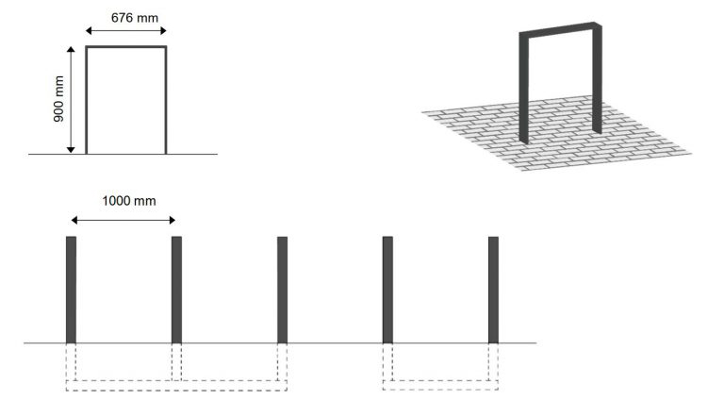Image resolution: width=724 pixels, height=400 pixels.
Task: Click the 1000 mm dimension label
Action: (x=123, y=201)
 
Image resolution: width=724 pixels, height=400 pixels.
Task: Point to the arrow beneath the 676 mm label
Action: (x=125, y=31)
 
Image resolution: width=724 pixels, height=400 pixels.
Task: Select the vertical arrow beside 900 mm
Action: (x=71, y=100)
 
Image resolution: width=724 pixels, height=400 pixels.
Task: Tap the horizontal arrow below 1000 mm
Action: (x=123, y=220)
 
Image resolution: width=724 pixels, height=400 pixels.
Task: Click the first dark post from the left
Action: (x=71, y=289)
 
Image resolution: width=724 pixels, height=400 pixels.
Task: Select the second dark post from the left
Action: (x=176, y=289)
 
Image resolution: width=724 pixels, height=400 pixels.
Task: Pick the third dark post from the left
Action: (x=282, y=289)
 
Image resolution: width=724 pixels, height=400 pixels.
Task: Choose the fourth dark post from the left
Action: (x=387, y=289)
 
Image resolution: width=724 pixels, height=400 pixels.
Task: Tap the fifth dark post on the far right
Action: (x=493, y=289)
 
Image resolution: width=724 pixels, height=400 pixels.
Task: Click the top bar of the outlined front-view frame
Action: (x=126, y=46)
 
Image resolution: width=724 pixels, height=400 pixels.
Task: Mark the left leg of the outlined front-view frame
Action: (x=87, y=100)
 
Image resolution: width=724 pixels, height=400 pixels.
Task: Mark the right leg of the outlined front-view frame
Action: (x=166, y=100)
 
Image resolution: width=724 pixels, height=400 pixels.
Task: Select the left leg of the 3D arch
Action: (x=524, y=90)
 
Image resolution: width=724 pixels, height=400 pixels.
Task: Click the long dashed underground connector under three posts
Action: (x=176, y=384)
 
